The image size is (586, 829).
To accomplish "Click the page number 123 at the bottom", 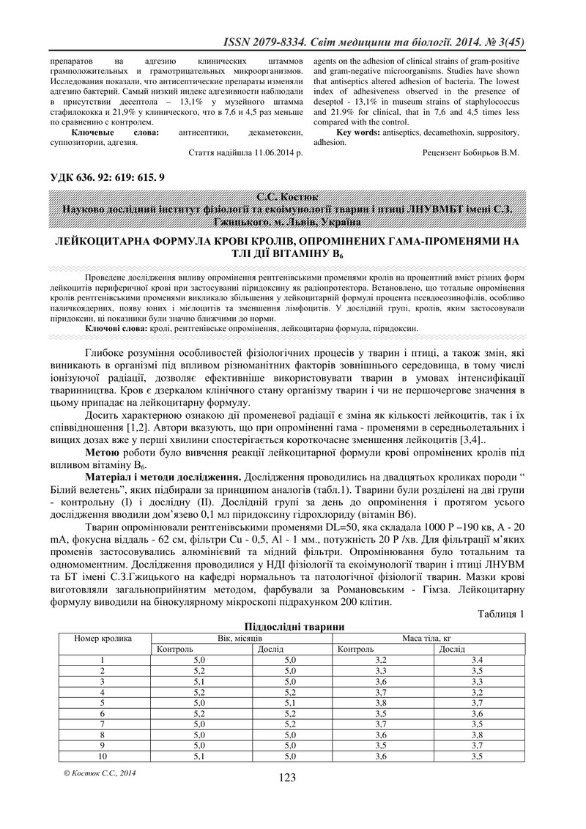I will coord(287,777).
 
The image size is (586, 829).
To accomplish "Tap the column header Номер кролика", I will coord(104,638).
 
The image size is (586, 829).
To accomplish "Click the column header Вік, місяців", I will coord(241,638).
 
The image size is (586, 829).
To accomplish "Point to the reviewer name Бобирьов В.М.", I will coord(494,153).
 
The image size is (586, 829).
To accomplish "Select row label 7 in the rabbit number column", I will coord(103,724).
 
